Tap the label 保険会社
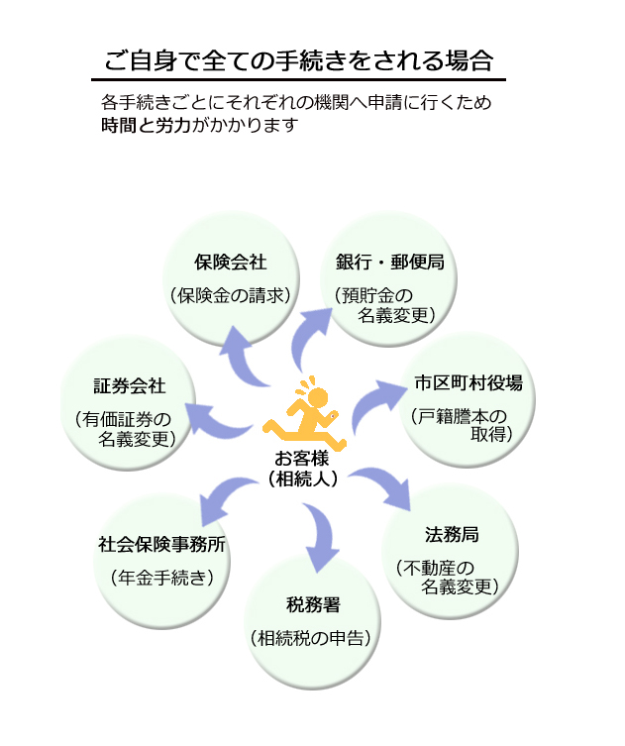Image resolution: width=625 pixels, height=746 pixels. tap(231, 263)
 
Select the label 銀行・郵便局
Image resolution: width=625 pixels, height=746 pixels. tap(389, 263)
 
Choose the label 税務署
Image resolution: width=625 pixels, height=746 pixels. tap(313, 604)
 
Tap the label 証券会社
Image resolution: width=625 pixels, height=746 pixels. tap(129, 385)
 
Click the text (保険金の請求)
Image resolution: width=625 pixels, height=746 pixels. tap(231, 294)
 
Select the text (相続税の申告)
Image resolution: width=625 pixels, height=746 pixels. tap(313, 637)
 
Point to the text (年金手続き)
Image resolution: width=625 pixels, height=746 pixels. tap(162, 577)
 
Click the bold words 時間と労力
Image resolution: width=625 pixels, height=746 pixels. tap(139, 126)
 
